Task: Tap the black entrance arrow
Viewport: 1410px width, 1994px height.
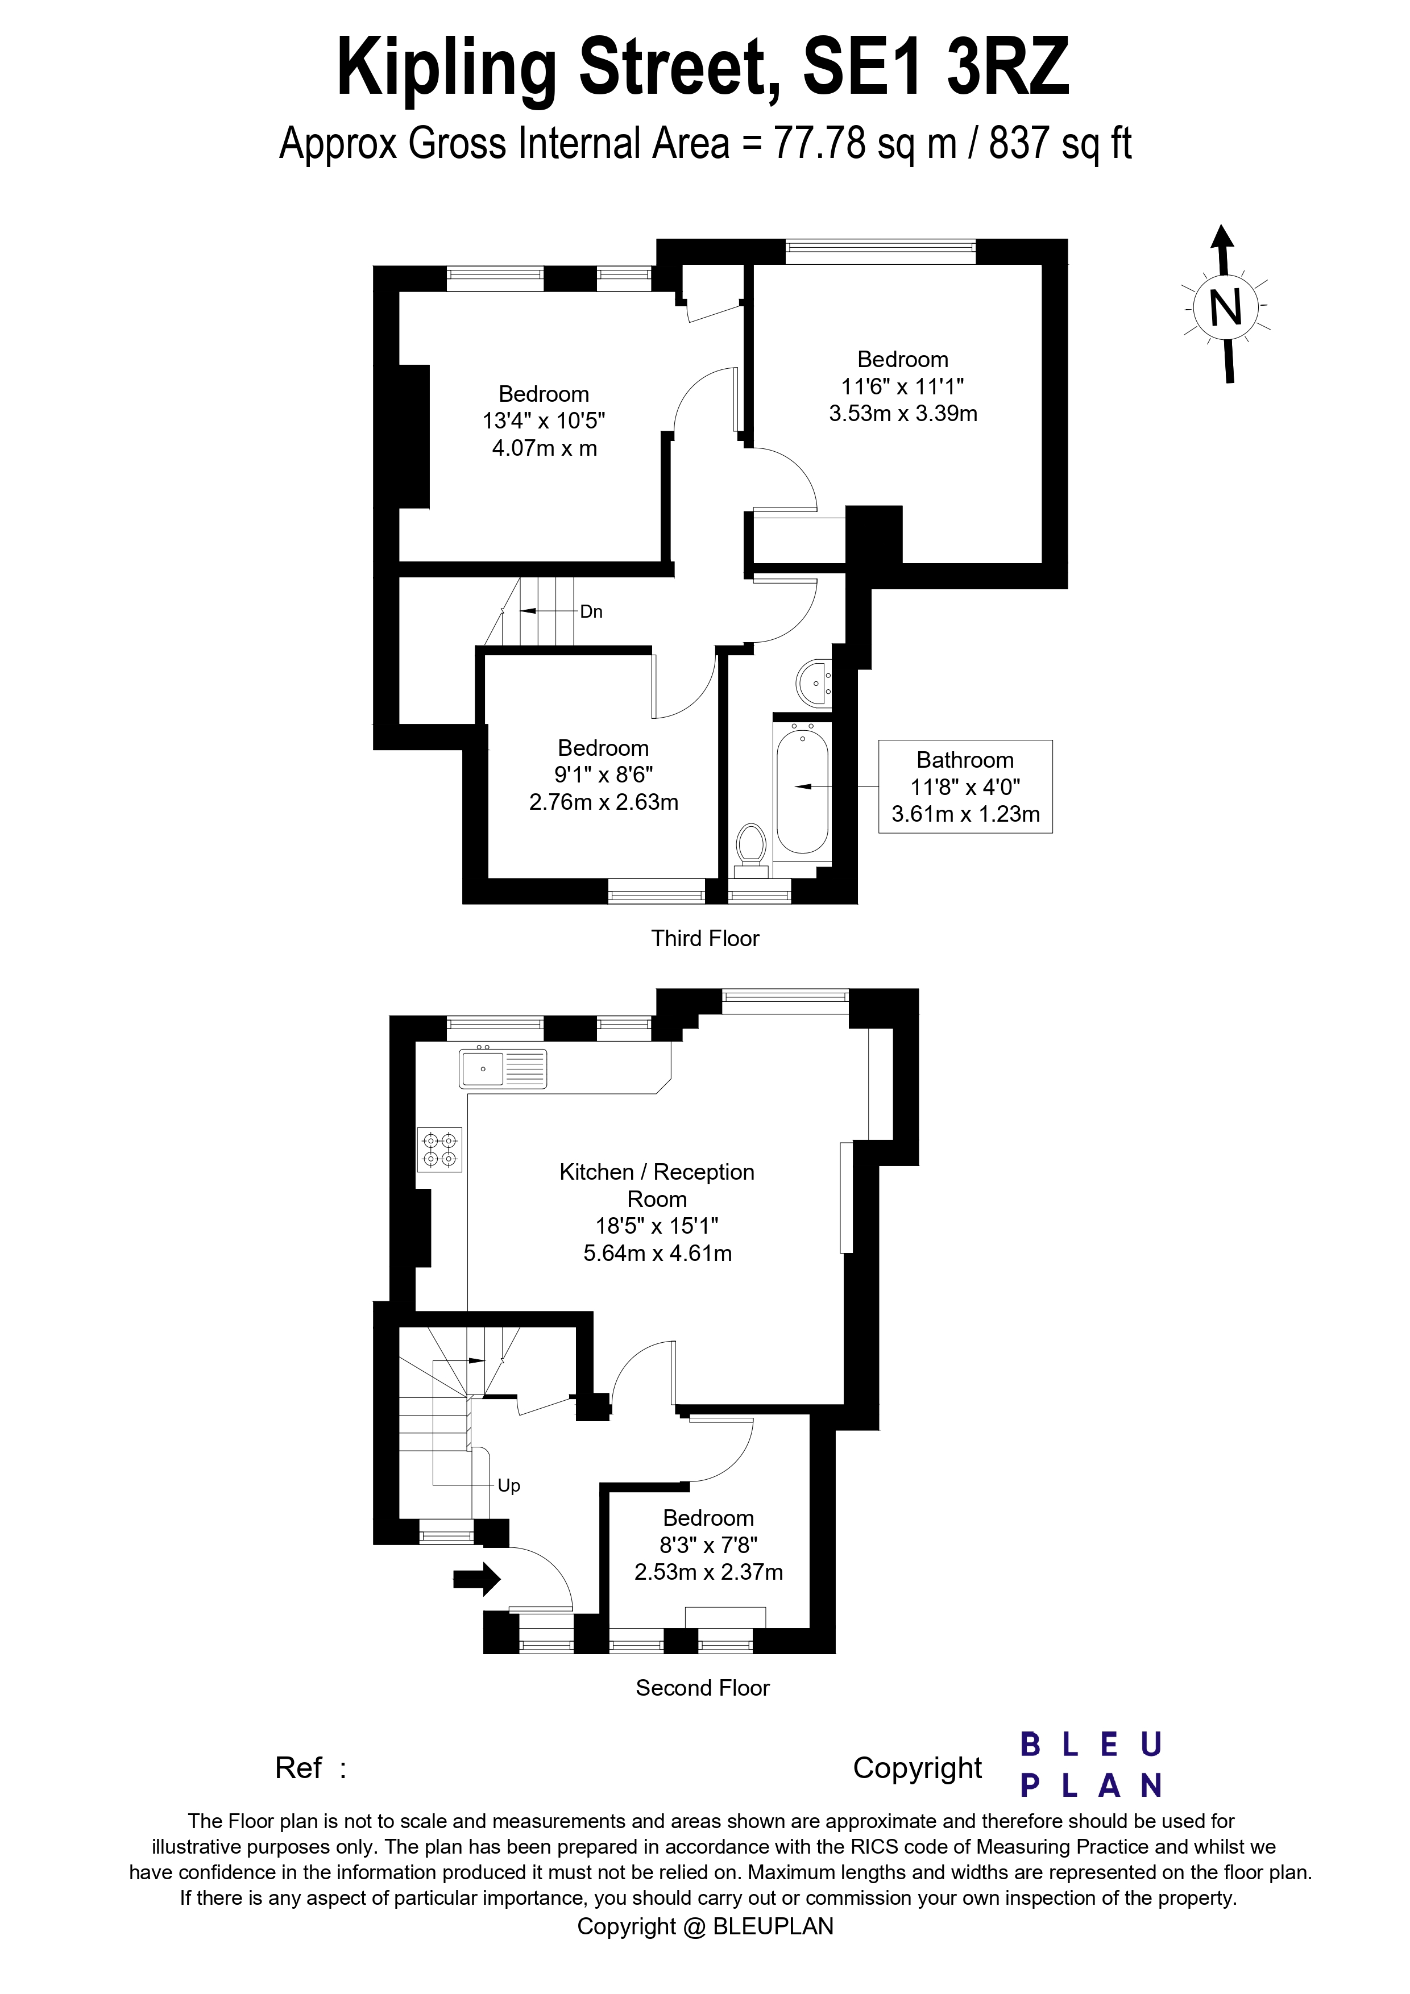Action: [x=477, y=1579]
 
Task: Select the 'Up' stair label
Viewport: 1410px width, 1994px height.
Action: [x=509, y=1486]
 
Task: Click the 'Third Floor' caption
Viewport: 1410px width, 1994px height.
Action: [x=706, y=938]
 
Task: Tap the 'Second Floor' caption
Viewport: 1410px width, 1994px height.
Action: [x=703, y=1688]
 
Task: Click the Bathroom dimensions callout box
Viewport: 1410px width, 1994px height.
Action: [x=965, y=787]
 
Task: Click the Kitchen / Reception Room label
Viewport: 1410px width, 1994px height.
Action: [x=657, y=1185]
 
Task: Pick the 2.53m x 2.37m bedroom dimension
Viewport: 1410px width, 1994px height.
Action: [x=709, y=1572]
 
